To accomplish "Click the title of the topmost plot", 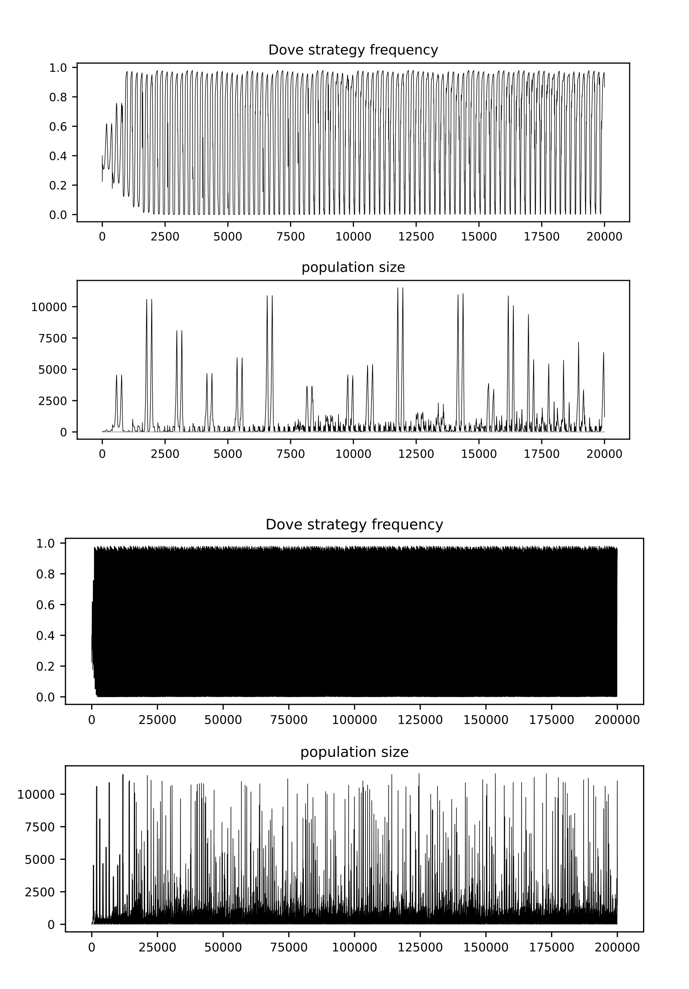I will point(353,50).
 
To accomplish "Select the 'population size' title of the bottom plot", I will point(354,752).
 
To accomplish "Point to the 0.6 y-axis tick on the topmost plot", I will point(58,126).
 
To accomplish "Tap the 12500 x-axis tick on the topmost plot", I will point(416,237).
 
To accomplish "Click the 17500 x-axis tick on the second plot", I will point(541,454).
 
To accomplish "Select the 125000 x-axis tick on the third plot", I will point(420,720).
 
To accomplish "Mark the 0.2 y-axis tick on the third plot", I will point(45,666).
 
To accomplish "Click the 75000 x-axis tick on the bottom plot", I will point(289,947).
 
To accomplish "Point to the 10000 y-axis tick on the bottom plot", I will point(36,794).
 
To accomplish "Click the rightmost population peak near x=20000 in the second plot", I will point(603,353).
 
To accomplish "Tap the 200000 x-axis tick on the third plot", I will point(616,720).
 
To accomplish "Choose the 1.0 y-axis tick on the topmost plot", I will point(58,67).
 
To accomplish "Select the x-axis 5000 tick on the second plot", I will point(227,454).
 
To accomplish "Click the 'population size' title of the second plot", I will point(353,267).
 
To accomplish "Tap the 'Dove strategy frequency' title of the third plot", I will point(354,524).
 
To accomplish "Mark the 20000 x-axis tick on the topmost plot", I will point(604,237).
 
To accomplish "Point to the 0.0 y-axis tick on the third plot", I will point(45,697).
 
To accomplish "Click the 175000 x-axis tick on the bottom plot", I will point(551,947).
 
